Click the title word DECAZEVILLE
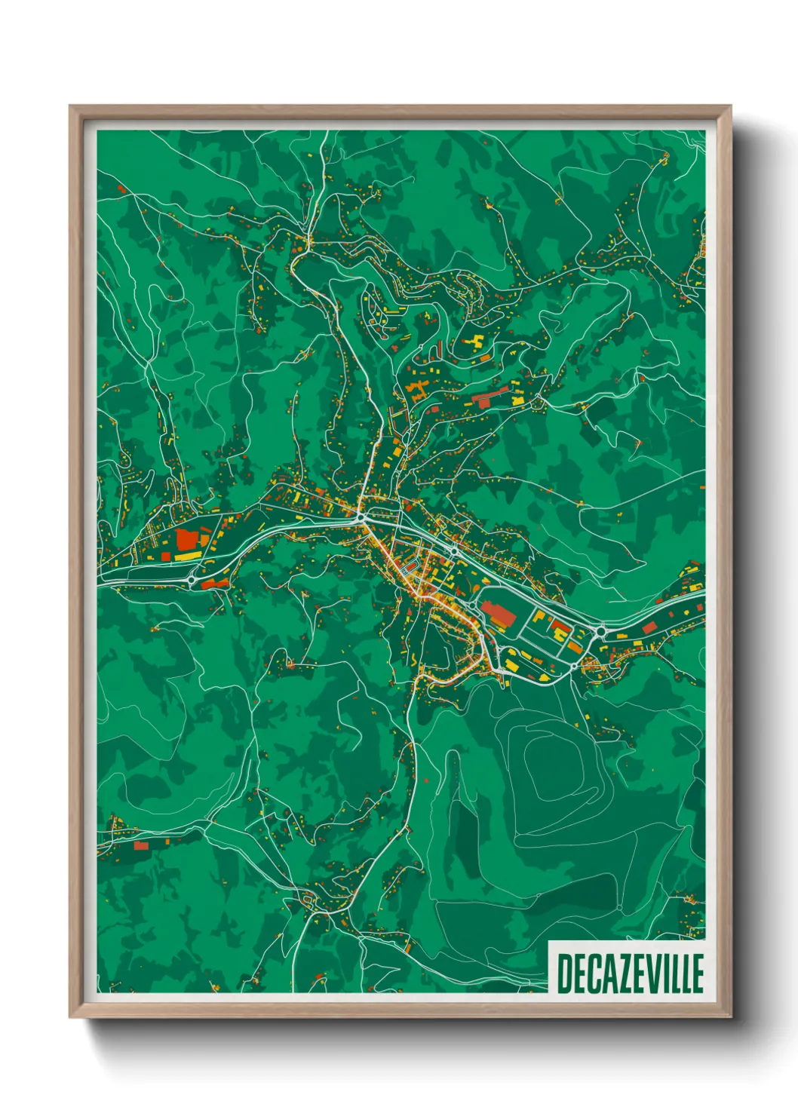click(x=630, y=973)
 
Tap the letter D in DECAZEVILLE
click(x=564, y=973)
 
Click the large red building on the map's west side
click(x=186, y=538)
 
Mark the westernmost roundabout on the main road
click(x=192, y=580)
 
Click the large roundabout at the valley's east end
click(x=600, y=630)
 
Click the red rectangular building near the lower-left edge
click(x=141, y=846)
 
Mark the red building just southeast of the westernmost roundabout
click(x=214, y=584)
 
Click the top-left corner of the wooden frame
click(x=70, y=106)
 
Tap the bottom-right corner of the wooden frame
click(x=730, y=1016)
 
